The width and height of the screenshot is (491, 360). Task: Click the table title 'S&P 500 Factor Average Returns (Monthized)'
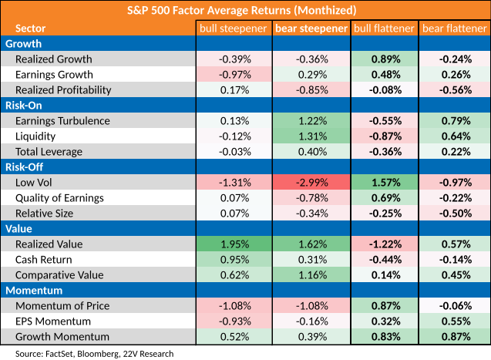point(241,10)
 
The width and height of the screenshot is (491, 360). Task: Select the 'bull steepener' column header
point(234,29)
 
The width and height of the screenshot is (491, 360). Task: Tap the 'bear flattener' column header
point(455,29)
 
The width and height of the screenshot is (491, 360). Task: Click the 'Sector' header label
point(30,29)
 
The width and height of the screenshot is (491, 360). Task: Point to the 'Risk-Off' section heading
point(24,167)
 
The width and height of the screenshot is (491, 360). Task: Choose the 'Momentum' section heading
point(34,291)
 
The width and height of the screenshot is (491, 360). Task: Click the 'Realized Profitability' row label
point(63,90)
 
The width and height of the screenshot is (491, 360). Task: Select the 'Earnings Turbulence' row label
point(62,121)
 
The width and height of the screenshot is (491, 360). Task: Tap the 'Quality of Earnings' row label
point(59,198)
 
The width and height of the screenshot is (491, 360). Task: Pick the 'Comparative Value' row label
point(59,275)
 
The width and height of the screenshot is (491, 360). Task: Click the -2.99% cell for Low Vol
point(312,183)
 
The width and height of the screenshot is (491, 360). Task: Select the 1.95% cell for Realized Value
point(235,244)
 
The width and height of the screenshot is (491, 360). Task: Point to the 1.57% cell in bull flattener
point(386,183)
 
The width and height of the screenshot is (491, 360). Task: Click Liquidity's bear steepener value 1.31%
point(312,136)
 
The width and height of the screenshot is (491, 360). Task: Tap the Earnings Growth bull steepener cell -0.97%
point(235,75)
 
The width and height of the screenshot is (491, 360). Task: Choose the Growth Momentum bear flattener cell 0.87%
point(456,337)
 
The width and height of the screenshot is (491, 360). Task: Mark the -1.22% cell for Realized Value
point(385,244)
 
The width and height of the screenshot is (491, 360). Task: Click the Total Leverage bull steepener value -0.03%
point(235,152)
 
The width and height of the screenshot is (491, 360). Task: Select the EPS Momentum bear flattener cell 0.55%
point(456,321)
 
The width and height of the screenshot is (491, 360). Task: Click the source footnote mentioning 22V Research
point(94,354)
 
